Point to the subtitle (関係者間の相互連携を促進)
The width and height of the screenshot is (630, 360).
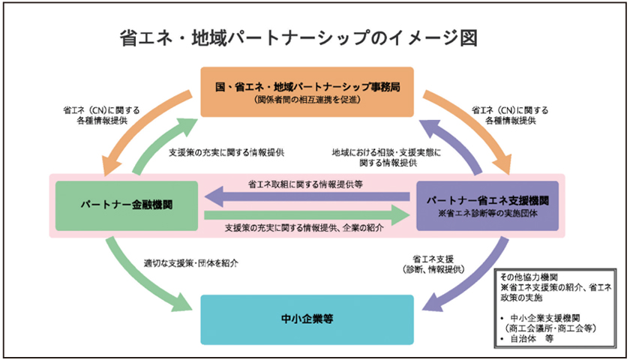click(x=307, y=100)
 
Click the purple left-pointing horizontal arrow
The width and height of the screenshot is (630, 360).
click(x=307, y=197)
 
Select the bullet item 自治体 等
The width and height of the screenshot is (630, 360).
click(x=531, y=338)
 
